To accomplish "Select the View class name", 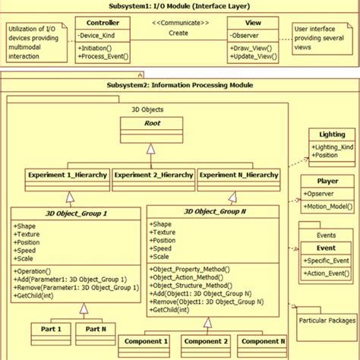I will (254, 23).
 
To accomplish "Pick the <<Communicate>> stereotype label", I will (179, 23).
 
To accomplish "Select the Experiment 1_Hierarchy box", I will (67, 175).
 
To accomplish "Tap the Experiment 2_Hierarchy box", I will (153, 175).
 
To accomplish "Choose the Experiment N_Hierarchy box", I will (238, 175).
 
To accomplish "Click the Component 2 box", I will (204, 342).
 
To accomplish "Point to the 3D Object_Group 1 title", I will (77, 213).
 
